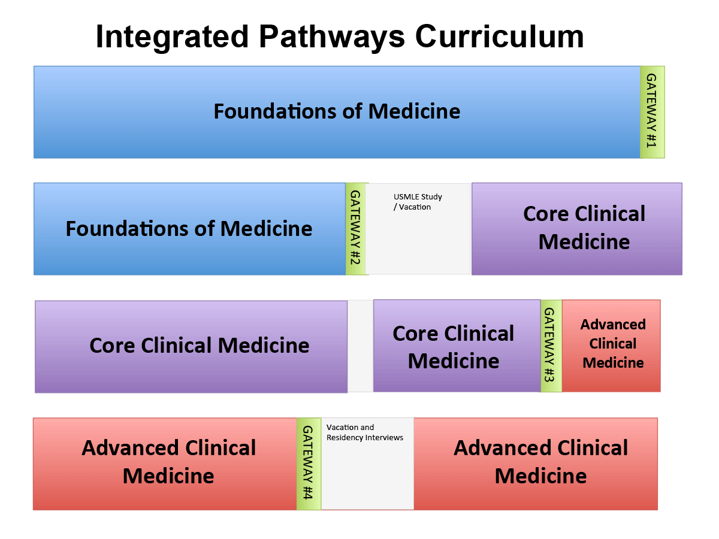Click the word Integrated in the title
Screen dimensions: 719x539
[x=172, y=38]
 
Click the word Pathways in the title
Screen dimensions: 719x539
[x=332, y=38]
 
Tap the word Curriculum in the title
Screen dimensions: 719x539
[x=499, y=37]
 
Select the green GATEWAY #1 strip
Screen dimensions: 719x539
[x=652, y=112]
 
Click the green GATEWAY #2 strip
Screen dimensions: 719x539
[x=356, y=229]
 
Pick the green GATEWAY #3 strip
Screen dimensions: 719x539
[x=551, y=346]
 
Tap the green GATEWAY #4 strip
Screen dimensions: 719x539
[x=309, y=464]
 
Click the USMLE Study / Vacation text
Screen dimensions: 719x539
[x=418, y=202]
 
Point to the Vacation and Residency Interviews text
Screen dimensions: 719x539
[x=364, y=432]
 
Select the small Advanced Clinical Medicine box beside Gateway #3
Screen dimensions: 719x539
[x=611, y=346]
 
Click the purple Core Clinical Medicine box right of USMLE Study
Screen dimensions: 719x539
[x=577, y=229]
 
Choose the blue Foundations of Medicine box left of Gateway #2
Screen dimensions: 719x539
[x=190, y=229]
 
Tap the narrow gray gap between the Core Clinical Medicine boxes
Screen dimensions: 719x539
[x=360, y=346]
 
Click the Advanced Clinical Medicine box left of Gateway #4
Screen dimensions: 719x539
[x=165, y=464]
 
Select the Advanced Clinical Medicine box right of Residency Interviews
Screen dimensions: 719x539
[x=536, y=464]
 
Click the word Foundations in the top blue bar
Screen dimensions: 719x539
[x=275, y=111]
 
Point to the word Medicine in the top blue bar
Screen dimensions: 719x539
[x=414, y=111]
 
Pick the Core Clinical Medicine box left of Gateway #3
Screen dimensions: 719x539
[x=457, y=346]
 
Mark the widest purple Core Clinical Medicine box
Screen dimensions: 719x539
[x=191, y=347]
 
